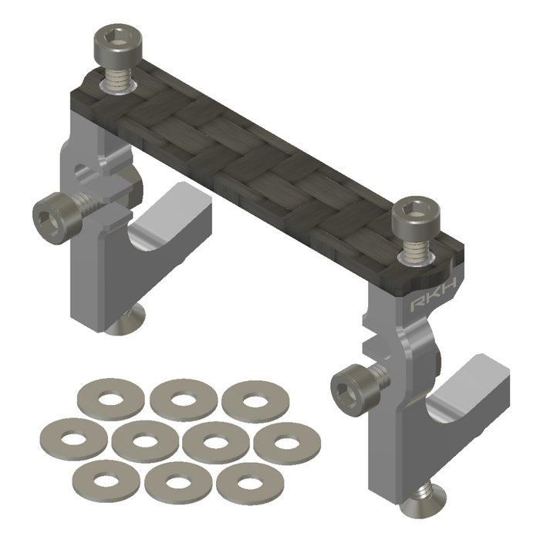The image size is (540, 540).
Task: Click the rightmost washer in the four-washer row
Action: click(x=286, y=444)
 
